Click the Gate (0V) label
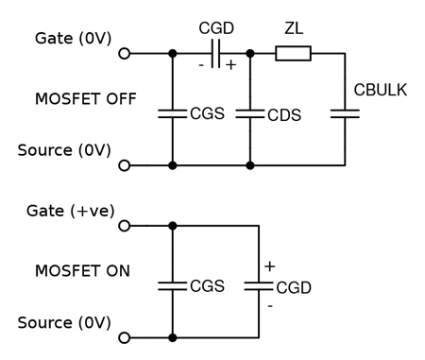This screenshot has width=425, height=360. pyautogui.click(x=73, y=39)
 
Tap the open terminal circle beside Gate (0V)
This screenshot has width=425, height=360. pyautogui.click(x=124, y=54)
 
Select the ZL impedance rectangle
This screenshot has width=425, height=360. pyautogui.click(x=293, y=54)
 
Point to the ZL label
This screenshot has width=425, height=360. pyautogui.click(x=293, y=29)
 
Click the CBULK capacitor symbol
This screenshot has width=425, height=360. pyautogui.click(x=346, y=113)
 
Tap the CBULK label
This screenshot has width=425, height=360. pyautogui.click(x=381, y=90)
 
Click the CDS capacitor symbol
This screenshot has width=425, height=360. pyautogui.click(x=250, y=113)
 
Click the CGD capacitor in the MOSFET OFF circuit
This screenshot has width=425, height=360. pyautogui.click(x=216, y=54)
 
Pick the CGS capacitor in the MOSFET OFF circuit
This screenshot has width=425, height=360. pyautogui.click(x=173, y=113)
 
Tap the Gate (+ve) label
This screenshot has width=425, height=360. pyautogui.click(x=74, y=211)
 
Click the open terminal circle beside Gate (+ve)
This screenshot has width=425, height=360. pyautogui.click(x=124, y=226)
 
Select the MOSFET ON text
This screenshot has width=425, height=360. pyautogui.click(x=82, y=271)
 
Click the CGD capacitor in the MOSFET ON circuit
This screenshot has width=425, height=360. pyautogui.click(x=258, y=285)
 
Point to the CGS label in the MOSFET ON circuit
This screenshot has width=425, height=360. pyautogui.click(x=207, y=285)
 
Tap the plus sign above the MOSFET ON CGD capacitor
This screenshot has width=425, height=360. pyautogui.click(x=269, y=266)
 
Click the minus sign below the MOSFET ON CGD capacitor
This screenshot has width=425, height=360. pyautogui.click(x=269, y=305)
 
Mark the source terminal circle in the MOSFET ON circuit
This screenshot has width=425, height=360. pyautogui.click(x=124, y=337)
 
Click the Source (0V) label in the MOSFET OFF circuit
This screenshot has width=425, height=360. pyautogui.click(x=64, y=150)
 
